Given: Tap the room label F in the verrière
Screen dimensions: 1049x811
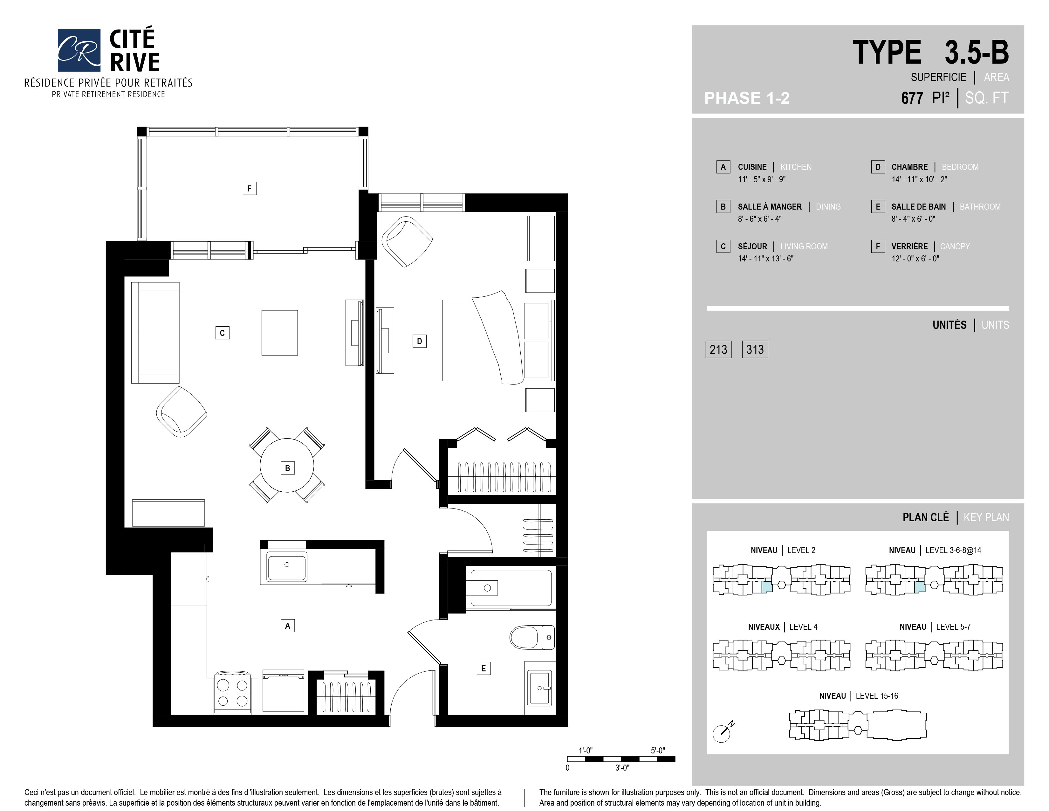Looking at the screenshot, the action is [249, 188].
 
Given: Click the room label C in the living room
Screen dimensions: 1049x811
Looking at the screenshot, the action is [223, 333].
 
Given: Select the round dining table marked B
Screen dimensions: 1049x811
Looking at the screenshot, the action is [287, 465].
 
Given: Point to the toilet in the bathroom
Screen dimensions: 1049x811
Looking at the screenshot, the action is [532, 637].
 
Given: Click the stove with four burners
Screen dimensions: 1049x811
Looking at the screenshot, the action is [232, 692].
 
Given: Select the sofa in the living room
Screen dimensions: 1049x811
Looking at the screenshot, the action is [155, 332].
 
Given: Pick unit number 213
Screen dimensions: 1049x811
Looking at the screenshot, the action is [718, 349].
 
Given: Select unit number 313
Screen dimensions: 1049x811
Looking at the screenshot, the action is [755, 349].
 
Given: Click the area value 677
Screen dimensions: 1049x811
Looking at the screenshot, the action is [912, 98].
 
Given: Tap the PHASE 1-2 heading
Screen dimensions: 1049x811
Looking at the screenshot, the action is [747, 98].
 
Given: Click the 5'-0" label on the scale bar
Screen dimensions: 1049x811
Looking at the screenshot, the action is [658, 751].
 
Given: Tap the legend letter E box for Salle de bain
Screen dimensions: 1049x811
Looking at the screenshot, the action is [878, 207].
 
